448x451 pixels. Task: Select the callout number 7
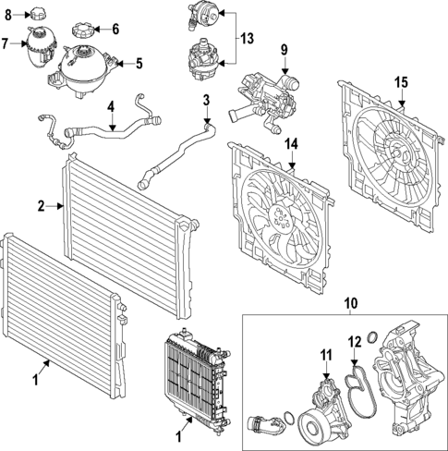click(x=6, y=43)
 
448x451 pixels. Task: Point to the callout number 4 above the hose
click(x=112, y=107)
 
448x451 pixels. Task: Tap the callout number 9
click(x=285, y=49)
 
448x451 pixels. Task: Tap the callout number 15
click(x=402, y=83)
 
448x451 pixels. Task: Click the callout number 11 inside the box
click(x=325, y=355)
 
